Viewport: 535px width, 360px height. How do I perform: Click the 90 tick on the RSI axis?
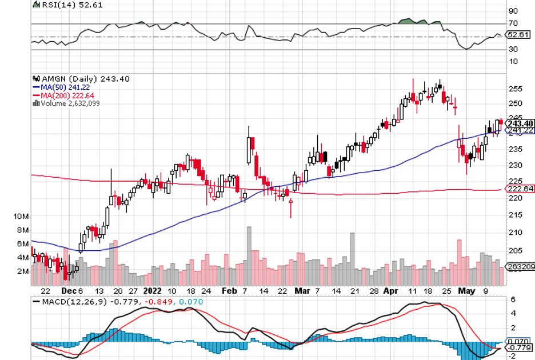point(513,11)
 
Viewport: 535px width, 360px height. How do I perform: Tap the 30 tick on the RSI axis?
point(513,49)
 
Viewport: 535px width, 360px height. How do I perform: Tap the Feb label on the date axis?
point(229,290)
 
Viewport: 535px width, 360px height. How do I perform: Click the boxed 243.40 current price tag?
point(520,123)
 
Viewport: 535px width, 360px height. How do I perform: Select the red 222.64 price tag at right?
point(520,189)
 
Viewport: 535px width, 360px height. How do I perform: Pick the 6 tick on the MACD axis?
point(513,300)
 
